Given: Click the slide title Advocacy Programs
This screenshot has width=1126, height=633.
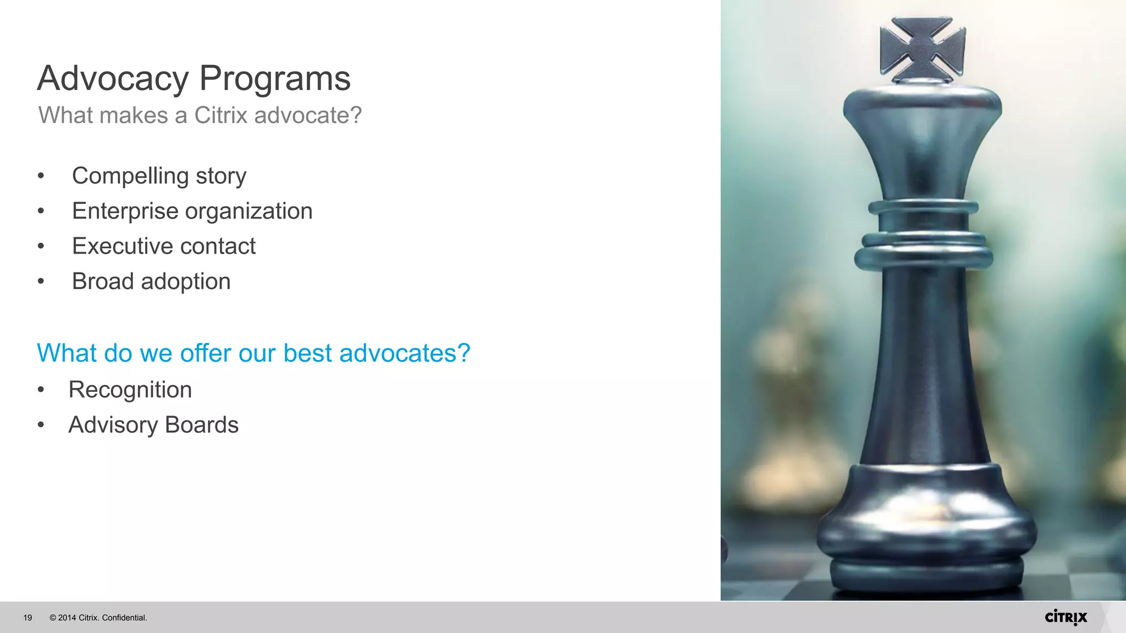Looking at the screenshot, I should [194, 78].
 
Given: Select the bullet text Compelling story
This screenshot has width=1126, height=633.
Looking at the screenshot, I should [159, 176].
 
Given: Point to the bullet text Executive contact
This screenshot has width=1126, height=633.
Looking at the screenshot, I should [163, 246].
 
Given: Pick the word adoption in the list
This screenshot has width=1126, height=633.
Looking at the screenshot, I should [186, 282].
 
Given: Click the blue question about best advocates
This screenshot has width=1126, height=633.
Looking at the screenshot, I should [253, 353].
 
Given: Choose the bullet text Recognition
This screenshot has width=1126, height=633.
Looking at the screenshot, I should [130, 390].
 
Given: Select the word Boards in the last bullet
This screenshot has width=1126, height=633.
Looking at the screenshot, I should [201, 425].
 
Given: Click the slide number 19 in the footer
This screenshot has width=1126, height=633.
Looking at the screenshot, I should [27, 618].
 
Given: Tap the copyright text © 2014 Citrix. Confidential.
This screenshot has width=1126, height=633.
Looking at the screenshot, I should [98, 618].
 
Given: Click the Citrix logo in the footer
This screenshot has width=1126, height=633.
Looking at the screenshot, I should [1066, 617].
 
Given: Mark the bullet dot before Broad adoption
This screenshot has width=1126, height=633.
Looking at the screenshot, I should [41, 282].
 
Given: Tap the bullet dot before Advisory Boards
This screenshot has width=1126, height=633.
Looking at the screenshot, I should [41, 425].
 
